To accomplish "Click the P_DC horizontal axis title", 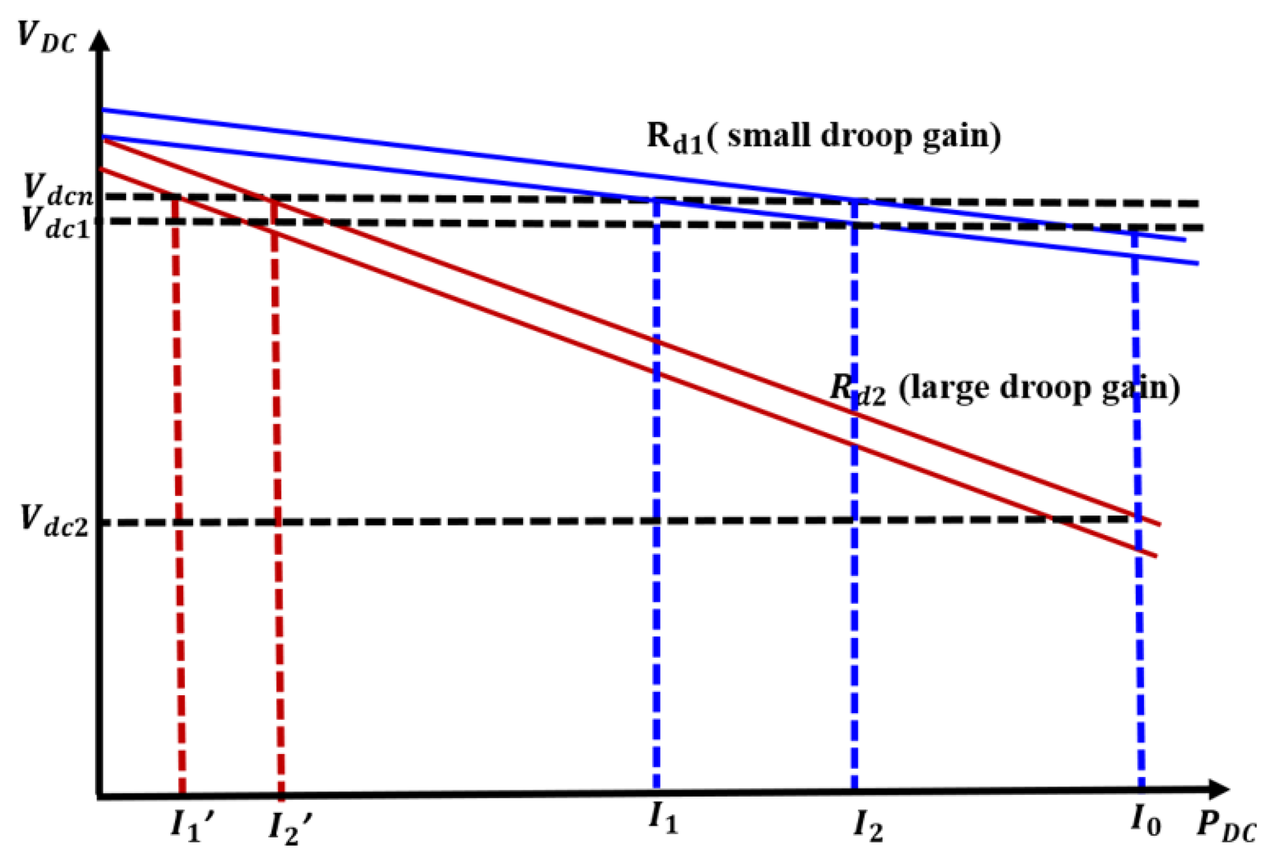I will tap(1226, 828).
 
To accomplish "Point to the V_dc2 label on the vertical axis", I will tap(54, 521).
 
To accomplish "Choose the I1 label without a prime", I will tap(664, 820).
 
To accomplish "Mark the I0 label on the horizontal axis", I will tap(1146, 821).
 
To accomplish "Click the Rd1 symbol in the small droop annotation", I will tap(675, 138).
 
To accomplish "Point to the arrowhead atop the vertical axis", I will tap(100, 40).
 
